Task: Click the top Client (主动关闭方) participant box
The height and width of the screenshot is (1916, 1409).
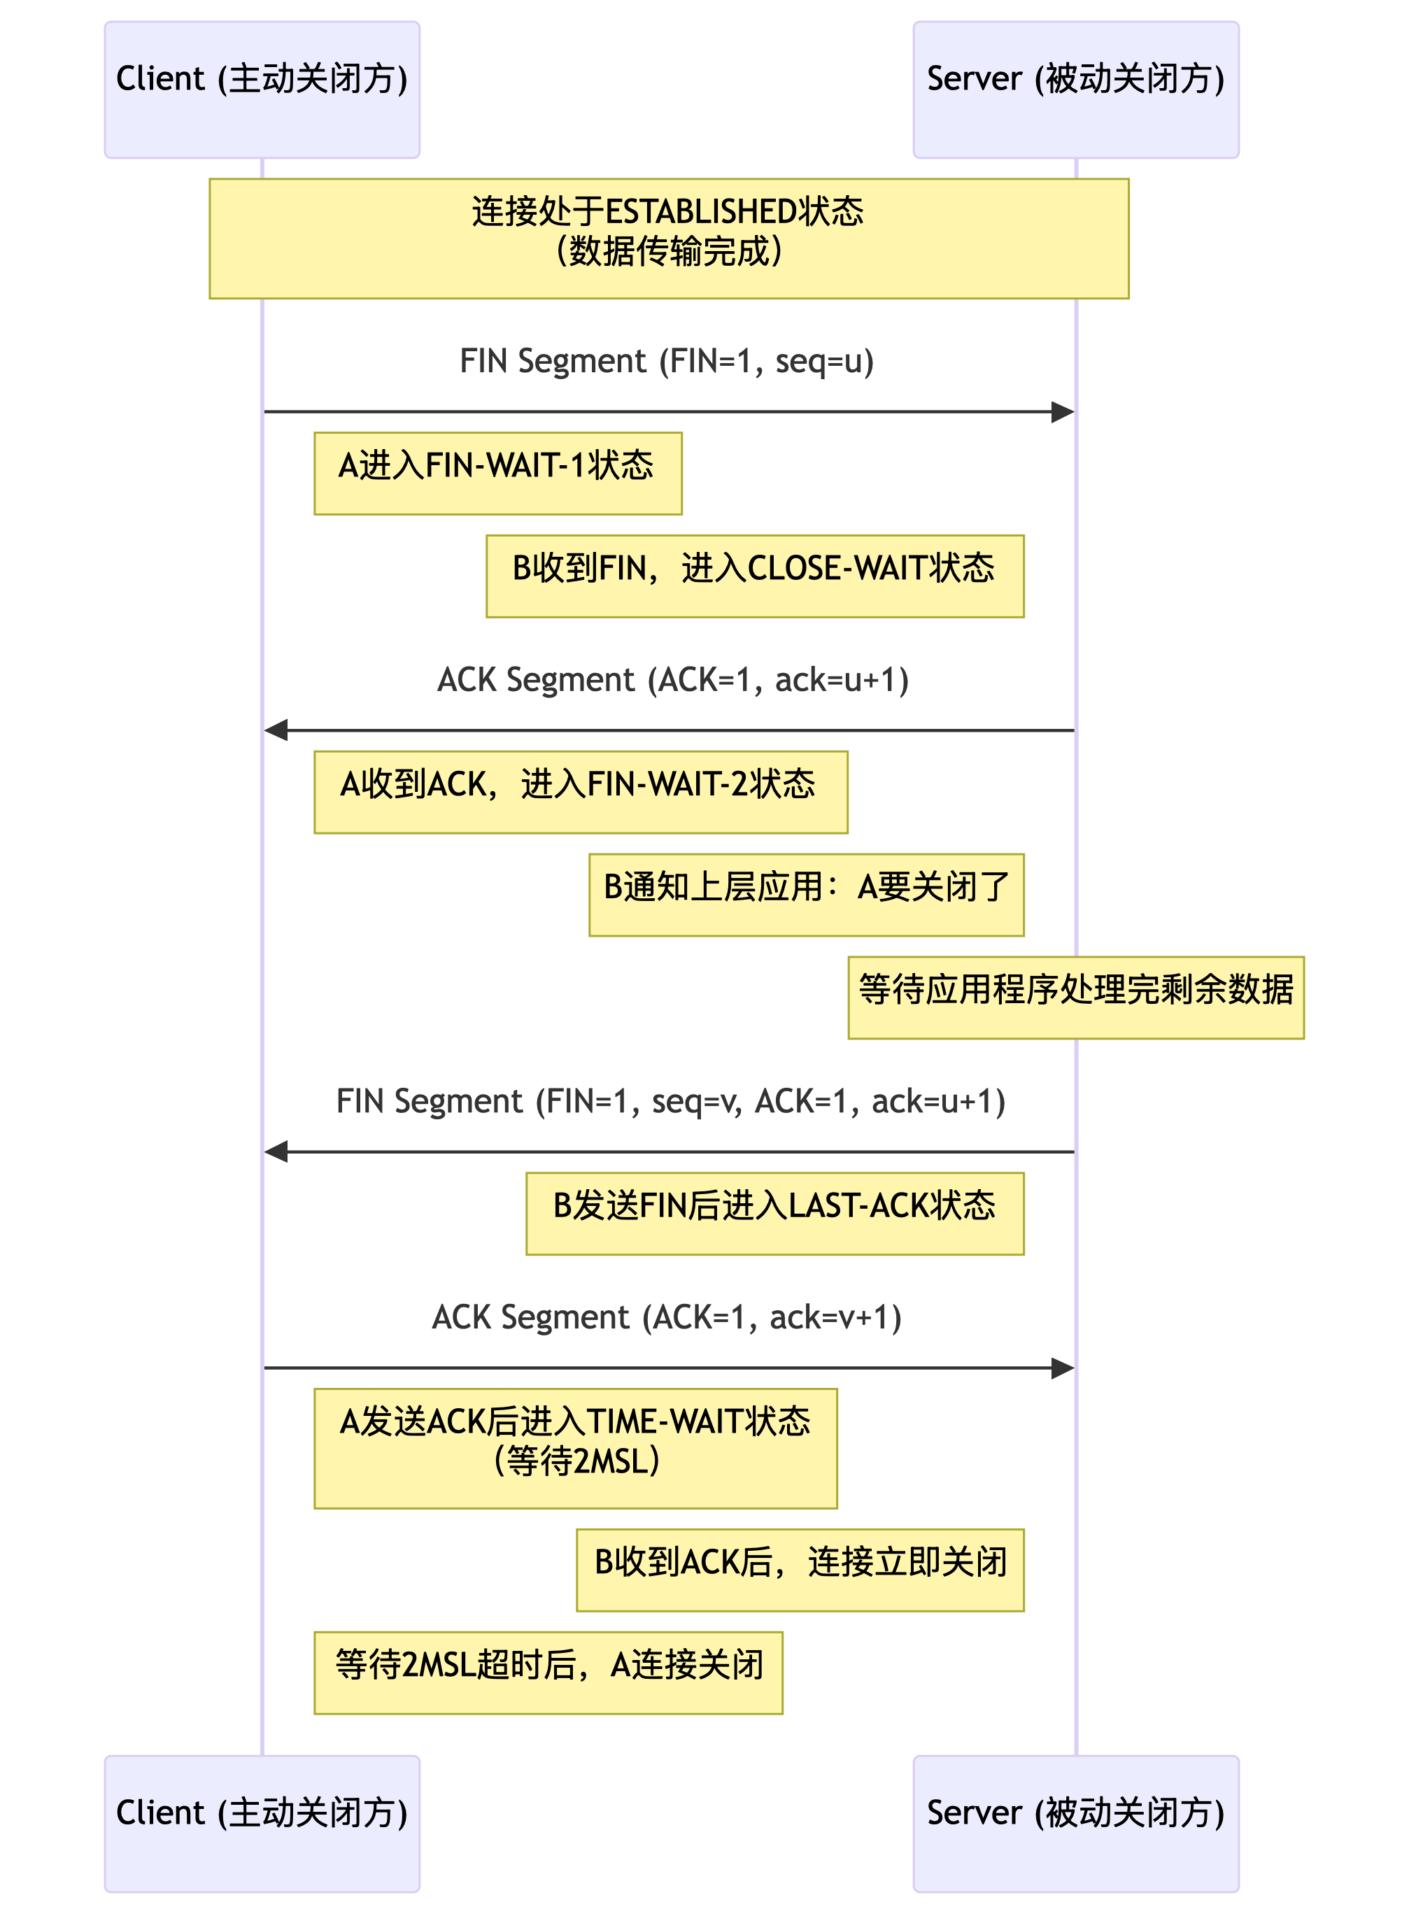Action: pos(262,90)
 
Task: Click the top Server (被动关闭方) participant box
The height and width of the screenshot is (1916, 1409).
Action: pos(1075,90)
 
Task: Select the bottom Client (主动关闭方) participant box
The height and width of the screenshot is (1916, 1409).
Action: pos(262,1823)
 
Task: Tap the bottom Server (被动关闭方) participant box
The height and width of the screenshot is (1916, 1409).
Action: pos(1075,1823)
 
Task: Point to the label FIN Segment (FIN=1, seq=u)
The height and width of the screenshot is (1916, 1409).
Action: pos(667,361)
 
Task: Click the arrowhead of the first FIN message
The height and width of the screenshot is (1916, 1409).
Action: pos(1063,413)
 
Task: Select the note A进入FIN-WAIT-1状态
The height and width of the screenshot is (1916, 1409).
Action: pos(497,474)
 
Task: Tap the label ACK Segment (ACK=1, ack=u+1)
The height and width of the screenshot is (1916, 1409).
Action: pos(673,680)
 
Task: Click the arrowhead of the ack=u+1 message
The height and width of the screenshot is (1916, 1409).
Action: pos(276,730)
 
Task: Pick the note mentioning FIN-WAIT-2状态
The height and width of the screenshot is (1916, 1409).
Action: pos(580,791)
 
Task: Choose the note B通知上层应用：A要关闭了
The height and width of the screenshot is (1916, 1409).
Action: pos(806,895)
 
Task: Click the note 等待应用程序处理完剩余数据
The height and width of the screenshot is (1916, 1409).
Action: pos(1075,997)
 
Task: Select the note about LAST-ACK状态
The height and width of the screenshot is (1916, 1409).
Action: pos(774,1212)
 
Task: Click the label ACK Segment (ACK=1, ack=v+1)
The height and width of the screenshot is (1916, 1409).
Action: pos(667,1317)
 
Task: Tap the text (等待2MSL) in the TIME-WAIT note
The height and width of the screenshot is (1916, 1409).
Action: pos(576,1461)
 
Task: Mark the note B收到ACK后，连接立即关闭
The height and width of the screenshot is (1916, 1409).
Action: pos(800,1569)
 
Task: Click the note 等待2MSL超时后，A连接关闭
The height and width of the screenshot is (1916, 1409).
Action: pos(548,1672)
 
